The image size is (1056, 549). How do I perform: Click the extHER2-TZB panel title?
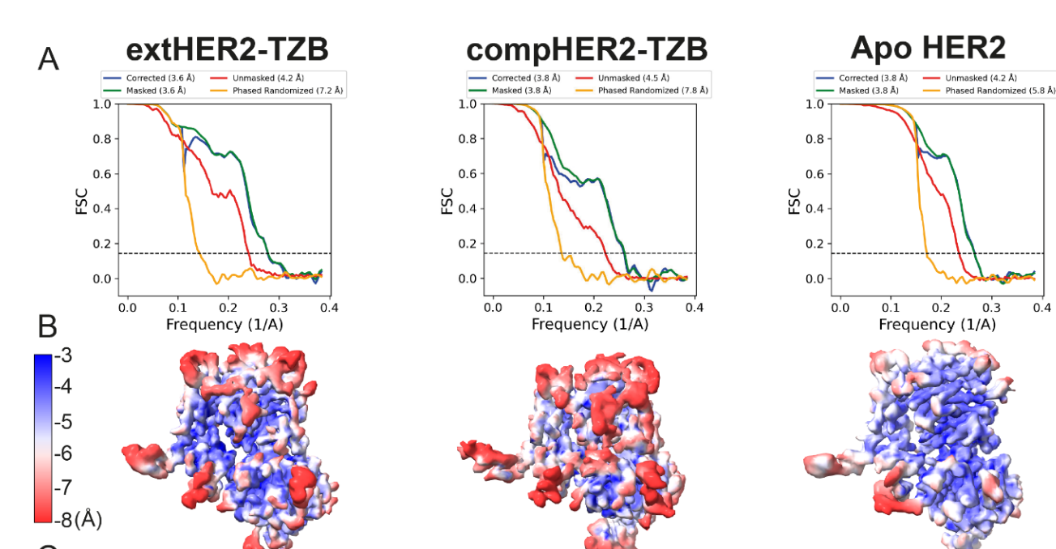point(227,50)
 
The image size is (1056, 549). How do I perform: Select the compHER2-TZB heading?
point(587,50)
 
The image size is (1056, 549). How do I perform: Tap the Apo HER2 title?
point(927,49)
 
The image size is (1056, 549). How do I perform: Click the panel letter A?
point(49,59)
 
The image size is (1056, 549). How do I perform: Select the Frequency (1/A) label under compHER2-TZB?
point(590,325)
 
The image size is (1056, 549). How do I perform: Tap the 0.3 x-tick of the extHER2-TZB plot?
point(279,308)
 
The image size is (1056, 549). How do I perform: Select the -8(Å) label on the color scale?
point(78,520)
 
